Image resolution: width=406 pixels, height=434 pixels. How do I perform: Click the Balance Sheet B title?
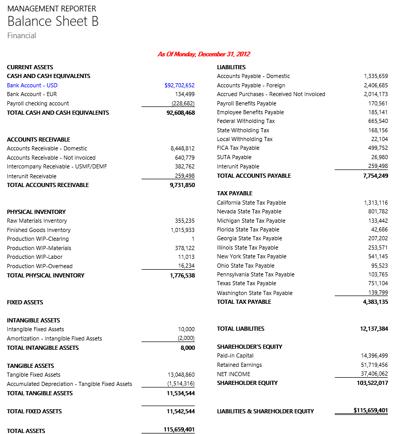53,22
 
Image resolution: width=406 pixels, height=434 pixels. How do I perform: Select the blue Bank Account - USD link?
32,85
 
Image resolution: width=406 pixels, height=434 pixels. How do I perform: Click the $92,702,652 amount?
179,85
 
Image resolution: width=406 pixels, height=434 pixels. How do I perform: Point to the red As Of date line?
204,54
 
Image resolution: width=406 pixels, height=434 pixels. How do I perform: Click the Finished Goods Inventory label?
39,230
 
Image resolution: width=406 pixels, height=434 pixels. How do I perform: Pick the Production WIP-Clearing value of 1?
193,239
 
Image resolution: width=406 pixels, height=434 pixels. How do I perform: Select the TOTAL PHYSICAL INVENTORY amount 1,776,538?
182,275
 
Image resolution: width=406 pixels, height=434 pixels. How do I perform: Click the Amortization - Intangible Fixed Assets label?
54,338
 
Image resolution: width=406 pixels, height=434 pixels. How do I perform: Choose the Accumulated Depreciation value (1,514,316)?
181,384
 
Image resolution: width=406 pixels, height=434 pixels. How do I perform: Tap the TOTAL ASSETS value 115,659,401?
179,429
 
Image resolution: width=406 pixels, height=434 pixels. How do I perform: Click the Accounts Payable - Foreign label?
251,85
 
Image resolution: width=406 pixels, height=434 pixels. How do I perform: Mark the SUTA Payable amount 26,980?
379,157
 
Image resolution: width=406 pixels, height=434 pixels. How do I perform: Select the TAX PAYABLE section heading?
235,193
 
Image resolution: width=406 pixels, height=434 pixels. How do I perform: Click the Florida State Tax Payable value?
379,229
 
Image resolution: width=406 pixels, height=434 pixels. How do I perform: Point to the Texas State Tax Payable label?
246,283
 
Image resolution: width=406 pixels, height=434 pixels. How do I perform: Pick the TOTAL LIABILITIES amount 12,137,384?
374,329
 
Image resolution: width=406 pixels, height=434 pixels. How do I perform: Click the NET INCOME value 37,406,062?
374,374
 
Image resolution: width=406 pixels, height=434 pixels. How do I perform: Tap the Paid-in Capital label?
235,355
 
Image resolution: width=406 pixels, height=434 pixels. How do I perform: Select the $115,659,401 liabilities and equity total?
370,411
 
